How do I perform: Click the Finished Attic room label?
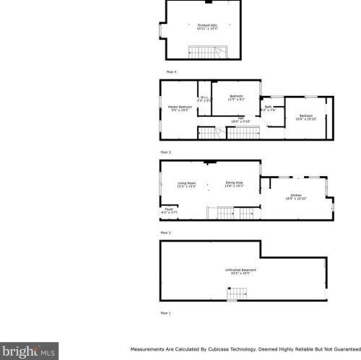tap(207, 27)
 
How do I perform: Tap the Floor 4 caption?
tap(171, 72)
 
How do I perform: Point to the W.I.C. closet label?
tap(204, 100)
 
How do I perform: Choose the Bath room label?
tap(268, 109)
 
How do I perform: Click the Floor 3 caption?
tap(165, 152)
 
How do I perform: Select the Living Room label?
tap(187, 185)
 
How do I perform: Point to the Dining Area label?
tap(234, 185)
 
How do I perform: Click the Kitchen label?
tap(297, 196)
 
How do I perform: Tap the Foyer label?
tap(169, 211)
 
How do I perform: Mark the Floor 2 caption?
tap(165, 232)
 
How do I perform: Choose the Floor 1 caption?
tap(165, 312)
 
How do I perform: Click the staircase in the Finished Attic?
tap(209, 51)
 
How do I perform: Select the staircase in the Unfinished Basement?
tap(237, 294)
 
